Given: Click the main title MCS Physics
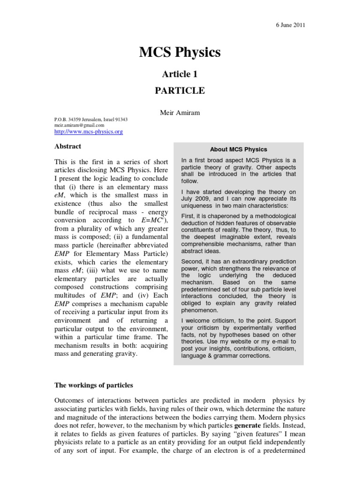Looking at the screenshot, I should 180,52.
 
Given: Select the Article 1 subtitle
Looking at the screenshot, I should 180,74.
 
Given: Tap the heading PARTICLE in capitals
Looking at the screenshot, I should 180,90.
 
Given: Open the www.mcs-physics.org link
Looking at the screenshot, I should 89,132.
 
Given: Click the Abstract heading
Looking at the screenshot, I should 68,146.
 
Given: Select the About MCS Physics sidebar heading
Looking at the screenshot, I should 238,150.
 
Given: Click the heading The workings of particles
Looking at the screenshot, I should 94,385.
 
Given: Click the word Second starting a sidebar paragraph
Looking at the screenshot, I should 192,261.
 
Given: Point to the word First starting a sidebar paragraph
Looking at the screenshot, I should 188,216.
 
